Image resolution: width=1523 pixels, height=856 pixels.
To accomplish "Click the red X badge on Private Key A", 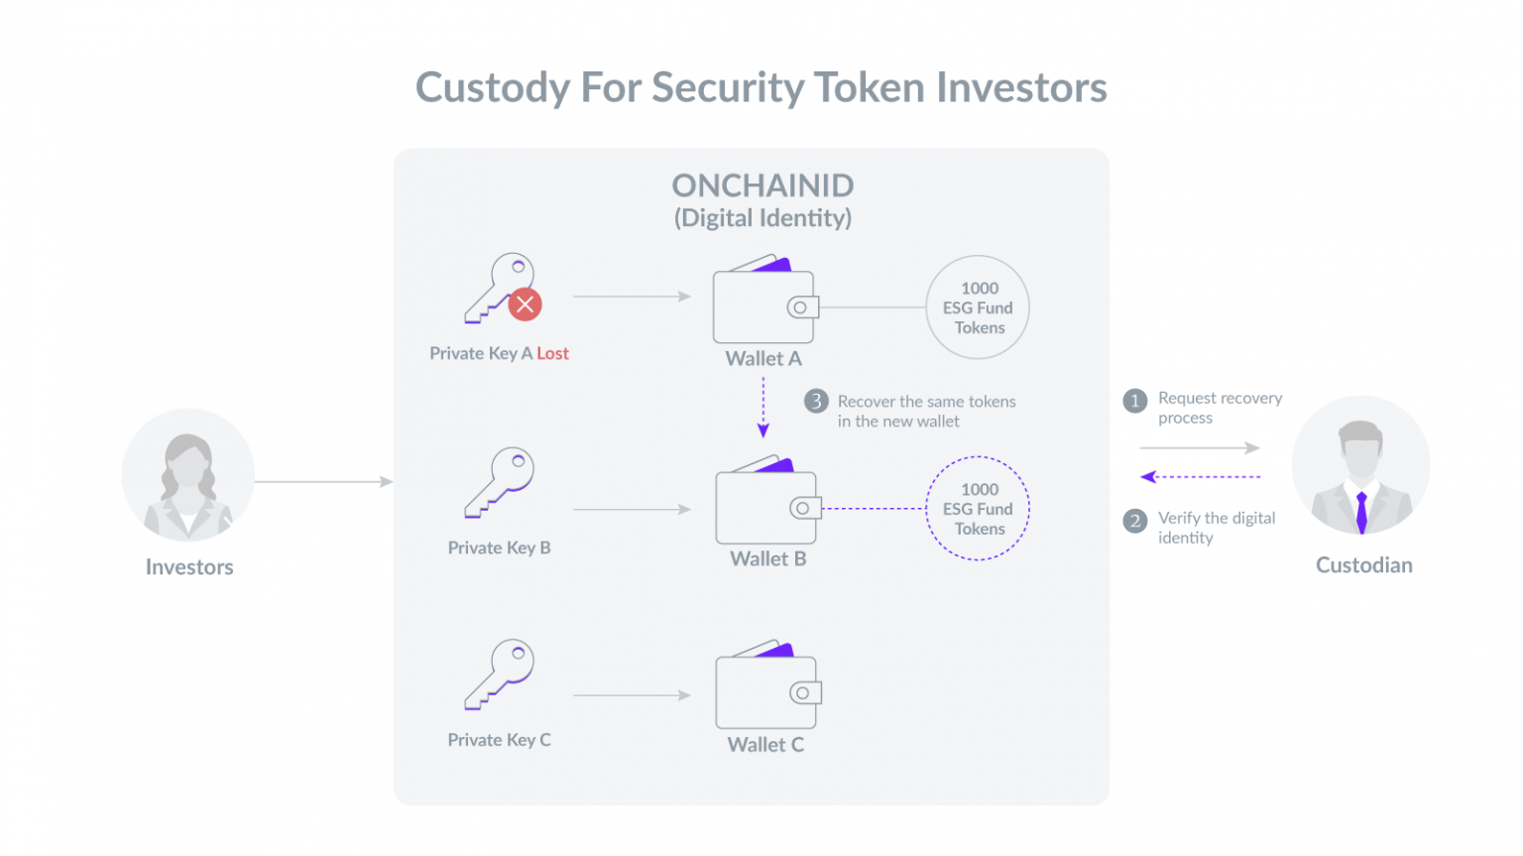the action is click(x=525, y=304).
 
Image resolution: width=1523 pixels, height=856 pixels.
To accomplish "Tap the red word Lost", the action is click(x=552, y=353).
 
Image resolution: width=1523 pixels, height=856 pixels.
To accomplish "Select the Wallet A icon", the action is click(x=765, y=299).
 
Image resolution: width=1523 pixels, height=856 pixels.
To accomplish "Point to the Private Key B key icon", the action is click(x=500, y=483).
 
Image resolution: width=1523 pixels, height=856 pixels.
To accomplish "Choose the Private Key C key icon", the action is click(x=500, y=674).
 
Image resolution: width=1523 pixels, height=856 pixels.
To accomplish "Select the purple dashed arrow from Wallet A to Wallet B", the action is click(x=762, y=407).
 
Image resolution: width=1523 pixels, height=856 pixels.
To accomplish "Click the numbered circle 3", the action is click(x=816, y=401).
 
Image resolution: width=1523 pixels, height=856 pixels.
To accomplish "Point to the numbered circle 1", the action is click(x=1134, y=401).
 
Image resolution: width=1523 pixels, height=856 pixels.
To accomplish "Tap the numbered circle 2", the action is click(x=1134, y=522).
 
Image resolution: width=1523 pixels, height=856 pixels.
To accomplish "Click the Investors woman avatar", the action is click(x=188, y=474).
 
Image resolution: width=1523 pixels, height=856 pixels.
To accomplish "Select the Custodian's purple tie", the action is click(x=1361, y=512).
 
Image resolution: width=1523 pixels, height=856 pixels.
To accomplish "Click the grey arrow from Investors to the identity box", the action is click(x=324, y=481).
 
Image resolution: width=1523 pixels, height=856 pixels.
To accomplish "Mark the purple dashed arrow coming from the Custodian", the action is click(x=1200, y=477).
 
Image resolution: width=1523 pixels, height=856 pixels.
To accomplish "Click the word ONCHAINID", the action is click(x=762, y=184).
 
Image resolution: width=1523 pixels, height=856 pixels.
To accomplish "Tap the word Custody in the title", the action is click(x=493, y=88).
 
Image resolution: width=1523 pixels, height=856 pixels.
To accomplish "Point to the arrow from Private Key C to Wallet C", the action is click(x=633, y=695).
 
